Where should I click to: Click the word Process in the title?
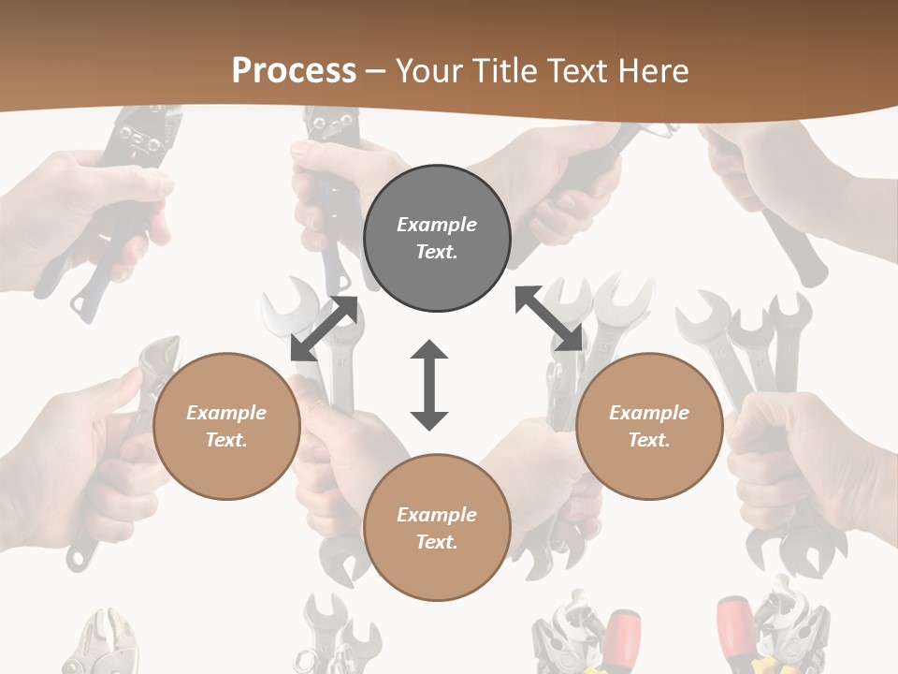pyautogui.click(x=294, y=71)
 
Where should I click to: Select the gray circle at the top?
pyautogui.click(x=437, y=238)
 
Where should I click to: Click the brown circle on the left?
pyautogui.click(x=226, y=426)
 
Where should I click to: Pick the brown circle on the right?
pyautogui.click(x=649, y=426)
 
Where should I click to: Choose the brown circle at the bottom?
pyautogui.click(x=437, y=527)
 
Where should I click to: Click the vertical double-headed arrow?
pyautogui.click(x=429, y=385)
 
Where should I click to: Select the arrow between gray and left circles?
pyautogui.click(x=324, y=329)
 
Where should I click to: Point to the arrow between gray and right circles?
pyautogui.click(x=549, y=319)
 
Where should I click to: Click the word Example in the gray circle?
pyautogui.click(x=437, y=225)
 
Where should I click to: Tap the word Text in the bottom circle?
pyautogui.click(x=437, y=542)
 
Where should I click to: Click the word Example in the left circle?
pyautogui.click(x=226, y=413)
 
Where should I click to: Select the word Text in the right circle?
pyautogui.click(x=649, y=440)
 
